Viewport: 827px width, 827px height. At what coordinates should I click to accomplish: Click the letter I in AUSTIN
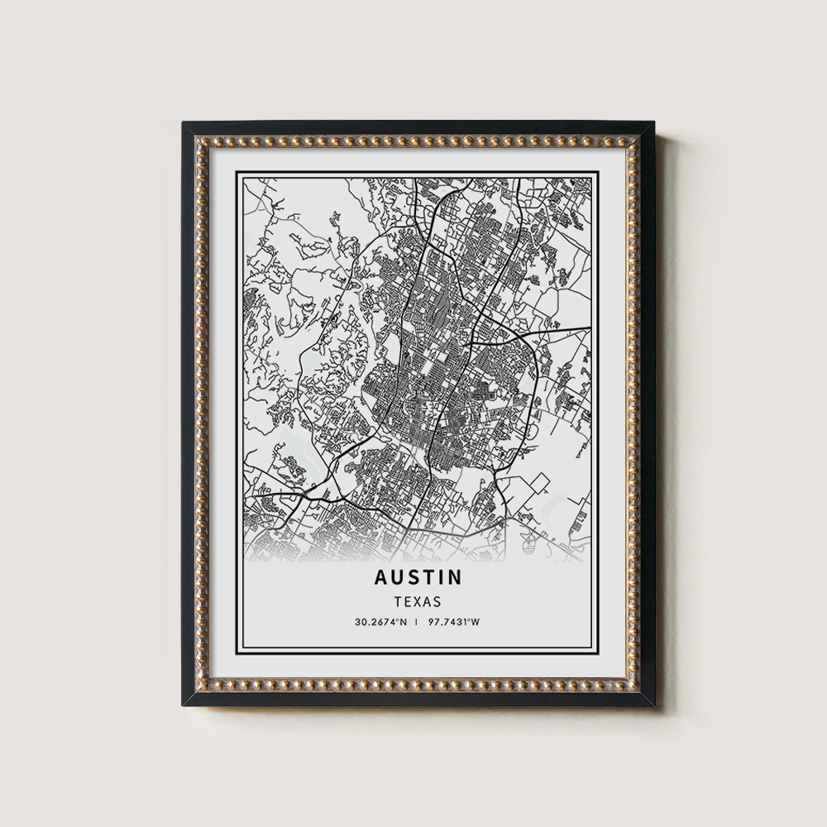442,577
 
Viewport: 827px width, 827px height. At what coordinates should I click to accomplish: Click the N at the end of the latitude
404,621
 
